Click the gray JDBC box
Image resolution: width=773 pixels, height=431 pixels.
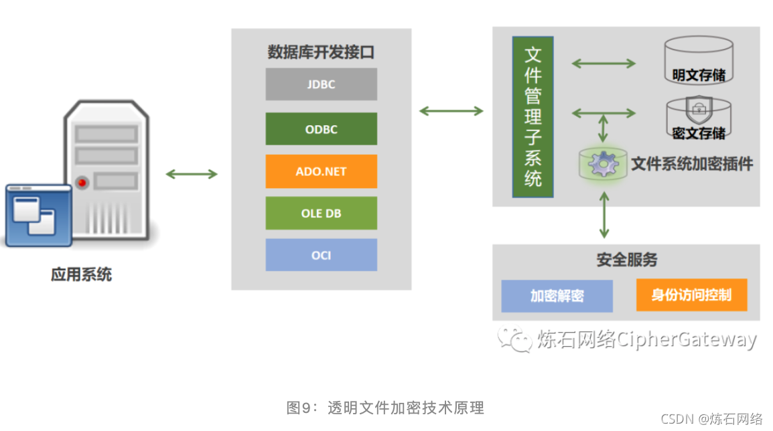pyautogui.click(x=321, y=84)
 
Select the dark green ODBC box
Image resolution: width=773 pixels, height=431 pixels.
pyautogui.click(x=321, y=128)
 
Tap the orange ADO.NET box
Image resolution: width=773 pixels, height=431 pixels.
pyautogui.click(x=321, y=171)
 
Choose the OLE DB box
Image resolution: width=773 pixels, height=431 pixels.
pyautogui.click(x=321, y=213)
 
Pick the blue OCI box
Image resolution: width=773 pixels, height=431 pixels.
pyautogui.click(x=321, y=255)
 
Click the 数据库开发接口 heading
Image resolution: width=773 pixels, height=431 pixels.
pyautogui.click(x=321, y=52)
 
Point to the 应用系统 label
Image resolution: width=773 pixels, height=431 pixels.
pyautogui.click(x=81, y=274)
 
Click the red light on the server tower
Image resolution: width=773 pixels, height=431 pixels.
pyautogui.click(x=82, y=182)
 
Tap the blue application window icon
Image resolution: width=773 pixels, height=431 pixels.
pyautogui.click(x=38, y=215)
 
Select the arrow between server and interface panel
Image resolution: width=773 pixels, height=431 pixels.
pyautogui.click(x=192, y=175)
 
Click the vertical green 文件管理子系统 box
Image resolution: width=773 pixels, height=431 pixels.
pyautogui.click(x=533, y=117)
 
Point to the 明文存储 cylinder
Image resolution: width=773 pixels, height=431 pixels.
pyautogui.click(x=698, y=60)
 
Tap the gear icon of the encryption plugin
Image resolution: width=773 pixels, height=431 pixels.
pyautogui.click(x=603, y=163)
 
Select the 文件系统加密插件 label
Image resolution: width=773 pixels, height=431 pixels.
pyautogui.click(x=692, y=163)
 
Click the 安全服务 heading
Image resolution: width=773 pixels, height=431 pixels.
pyautogui.click(x=626, y=259)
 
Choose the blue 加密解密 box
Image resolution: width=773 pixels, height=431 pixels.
pyautogui.click(x=557, y=296)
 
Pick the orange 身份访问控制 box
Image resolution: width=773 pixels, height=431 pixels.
pyautogui.click(x=691, y=295)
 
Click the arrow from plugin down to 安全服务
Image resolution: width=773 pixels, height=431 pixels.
pyautogui.click(x=604, y=215)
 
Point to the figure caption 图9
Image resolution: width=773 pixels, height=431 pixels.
pyautogui.click(x=385, y=408)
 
